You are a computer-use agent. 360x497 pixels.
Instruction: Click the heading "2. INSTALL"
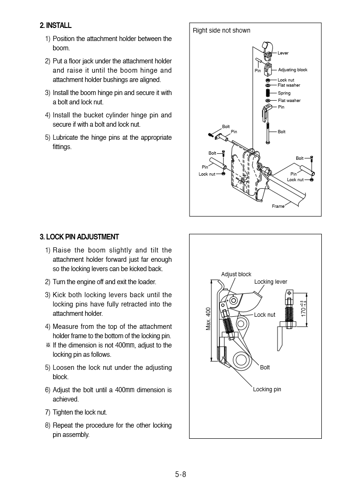point(56,26)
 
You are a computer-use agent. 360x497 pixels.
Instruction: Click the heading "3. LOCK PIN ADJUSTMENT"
point(79,237)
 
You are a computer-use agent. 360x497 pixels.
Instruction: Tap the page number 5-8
point(181,475)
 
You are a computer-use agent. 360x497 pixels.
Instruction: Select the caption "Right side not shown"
point(221,31)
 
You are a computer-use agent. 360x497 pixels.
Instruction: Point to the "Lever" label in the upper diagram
point(283,53)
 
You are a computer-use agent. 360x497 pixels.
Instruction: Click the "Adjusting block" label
point(292,70)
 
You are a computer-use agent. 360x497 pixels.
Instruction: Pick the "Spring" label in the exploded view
point(284,93)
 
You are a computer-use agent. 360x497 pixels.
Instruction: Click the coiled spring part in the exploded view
point(268,93)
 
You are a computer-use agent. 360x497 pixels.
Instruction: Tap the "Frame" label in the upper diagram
point(278,206)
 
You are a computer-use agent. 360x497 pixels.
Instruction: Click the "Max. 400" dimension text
point(209,319)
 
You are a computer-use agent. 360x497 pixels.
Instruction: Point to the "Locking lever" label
point(271,282)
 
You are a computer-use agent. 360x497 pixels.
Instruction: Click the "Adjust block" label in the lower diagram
point(236,274)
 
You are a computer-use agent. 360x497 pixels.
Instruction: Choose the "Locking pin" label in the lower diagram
point(267,389)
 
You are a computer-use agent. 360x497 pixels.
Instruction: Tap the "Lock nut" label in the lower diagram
point(265,315)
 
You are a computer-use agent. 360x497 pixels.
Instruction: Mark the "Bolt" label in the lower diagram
point(265,368)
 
